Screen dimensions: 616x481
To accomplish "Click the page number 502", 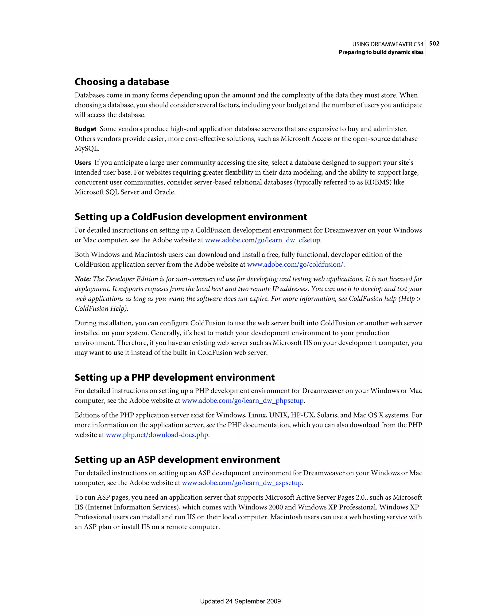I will point(434,43).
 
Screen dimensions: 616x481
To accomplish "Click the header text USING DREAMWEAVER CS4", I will point(388,44).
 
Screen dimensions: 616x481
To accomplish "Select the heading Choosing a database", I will point(122,82).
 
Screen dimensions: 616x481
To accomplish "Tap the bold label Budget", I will point(85,129).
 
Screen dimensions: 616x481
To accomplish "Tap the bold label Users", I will point(83,163).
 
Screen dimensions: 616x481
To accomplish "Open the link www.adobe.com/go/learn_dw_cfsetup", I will point(262,240).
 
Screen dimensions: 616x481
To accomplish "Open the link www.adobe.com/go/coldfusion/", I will point(295,265).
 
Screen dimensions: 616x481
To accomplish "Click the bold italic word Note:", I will point(83,279).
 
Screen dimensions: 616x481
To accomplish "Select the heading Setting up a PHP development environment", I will point(175,377).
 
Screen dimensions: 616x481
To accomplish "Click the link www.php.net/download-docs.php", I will point(157,435).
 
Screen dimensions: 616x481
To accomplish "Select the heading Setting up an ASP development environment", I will point(177,460).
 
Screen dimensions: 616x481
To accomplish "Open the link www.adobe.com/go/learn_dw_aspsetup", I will point(242,483).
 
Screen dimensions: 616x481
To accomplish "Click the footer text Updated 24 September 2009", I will point(240,601).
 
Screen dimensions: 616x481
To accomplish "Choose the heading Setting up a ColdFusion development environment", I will point(191,217).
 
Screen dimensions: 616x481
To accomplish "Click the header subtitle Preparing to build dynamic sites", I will point(381,52).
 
